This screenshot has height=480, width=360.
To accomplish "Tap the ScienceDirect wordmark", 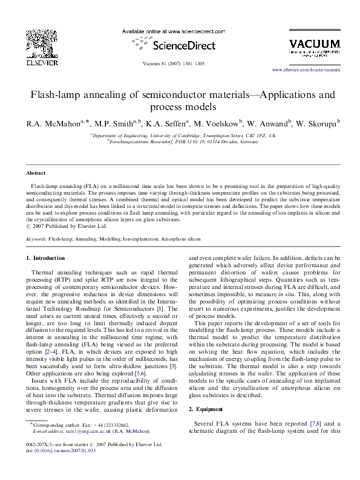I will pos(180,46).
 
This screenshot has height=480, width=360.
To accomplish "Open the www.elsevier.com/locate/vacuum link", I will pos(311,71).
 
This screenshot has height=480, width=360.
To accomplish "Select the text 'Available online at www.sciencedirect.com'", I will pos(180,31).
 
